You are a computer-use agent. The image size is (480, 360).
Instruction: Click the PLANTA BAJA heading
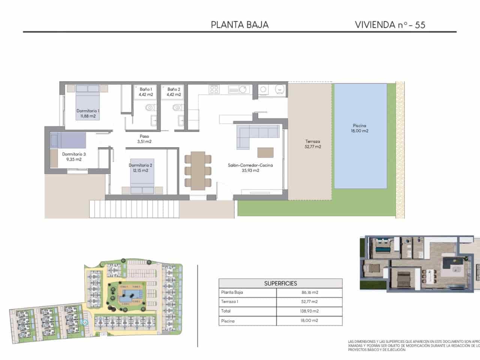[x=240, y=25]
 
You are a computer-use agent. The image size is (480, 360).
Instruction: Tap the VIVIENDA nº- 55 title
[x=390, y=25]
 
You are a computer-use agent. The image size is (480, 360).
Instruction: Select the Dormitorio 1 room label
[x=88, y=113]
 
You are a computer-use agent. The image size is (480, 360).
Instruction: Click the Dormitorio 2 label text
[x=140, y=168]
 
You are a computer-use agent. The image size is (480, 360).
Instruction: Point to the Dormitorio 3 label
[x=74, y=156]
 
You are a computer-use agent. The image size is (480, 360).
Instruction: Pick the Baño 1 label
[x=146, y=92]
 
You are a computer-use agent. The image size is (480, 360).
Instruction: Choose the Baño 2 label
[x=174, y=92]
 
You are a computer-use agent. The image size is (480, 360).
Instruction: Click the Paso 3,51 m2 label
[x=144, y=139]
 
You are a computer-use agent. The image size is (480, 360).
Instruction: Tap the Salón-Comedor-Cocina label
[x=250, y=168]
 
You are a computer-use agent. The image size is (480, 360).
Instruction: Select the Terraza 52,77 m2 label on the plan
[x=312, y=144]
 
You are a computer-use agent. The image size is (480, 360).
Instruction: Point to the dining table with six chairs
[x=198, y=171]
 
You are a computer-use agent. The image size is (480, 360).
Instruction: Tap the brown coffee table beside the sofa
[x=265, y=153]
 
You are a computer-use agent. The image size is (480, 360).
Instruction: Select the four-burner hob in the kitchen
[x=214, y=89]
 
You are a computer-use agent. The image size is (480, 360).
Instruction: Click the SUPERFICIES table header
[x=280, y=283]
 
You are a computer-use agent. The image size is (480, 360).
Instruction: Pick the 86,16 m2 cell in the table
[x=309, y=292]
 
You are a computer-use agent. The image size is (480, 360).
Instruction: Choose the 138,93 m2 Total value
[x=309, y=311]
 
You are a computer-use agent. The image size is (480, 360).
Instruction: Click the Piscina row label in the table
[x=228, y=321]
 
